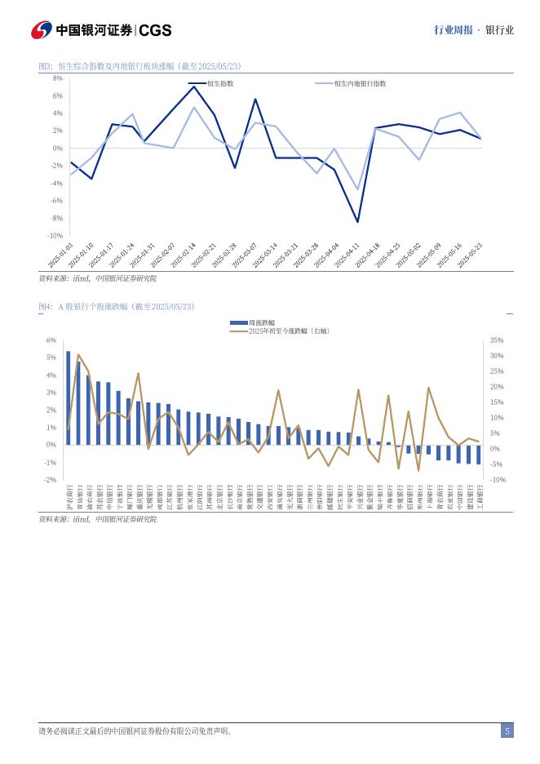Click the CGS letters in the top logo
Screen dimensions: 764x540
[x=155, y=30]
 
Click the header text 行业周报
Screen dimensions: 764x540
[x=453, y=30]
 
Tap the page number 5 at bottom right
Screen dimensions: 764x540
[x=507, y=731]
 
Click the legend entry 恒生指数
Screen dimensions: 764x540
[x=219, y=83]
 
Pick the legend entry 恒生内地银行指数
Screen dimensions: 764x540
[x=360, y=83]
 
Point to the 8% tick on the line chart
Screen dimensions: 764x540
[x=58, y=78]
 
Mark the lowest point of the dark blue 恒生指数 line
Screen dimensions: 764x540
[x=357, y=222]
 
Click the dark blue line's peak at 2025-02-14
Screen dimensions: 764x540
[x=193, y=87]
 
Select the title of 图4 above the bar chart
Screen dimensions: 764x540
[x=117, y=306]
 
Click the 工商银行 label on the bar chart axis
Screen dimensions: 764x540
[x=479, y=496]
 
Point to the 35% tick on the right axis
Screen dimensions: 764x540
[x=497, y=340]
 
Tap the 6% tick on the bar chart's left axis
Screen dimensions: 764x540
[x=51, y=340]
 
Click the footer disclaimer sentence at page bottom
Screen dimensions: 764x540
[x=135, y=731]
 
